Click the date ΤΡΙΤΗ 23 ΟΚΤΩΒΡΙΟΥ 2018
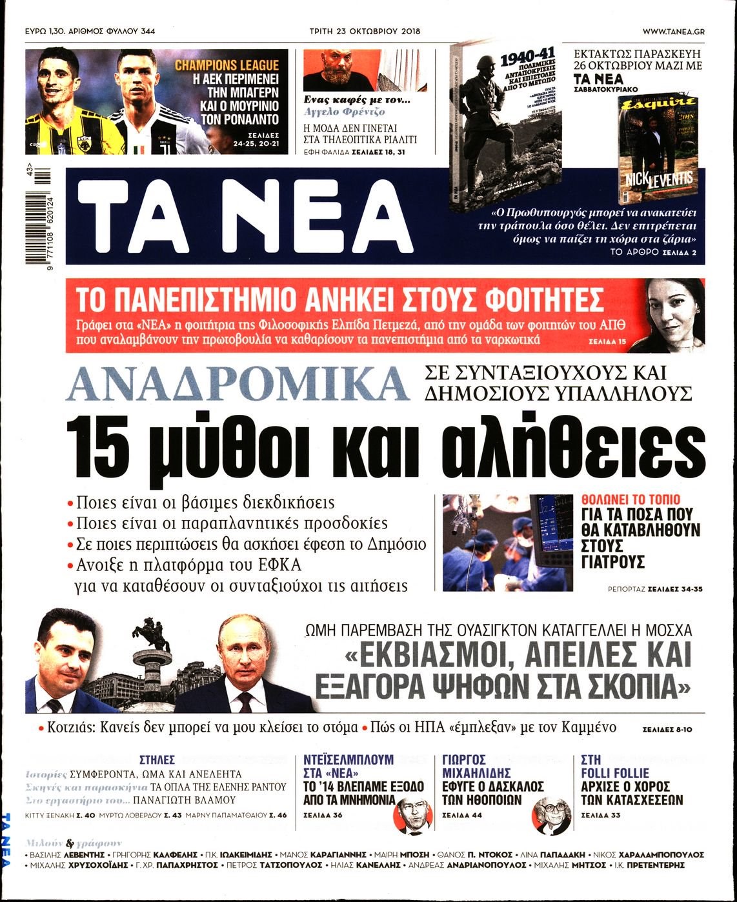coord(365,30)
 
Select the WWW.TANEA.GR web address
coord(673,30)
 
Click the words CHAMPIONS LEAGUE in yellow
coord(227,65)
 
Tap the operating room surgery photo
coord(507,543)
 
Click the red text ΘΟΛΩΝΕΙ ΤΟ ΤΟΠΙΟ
coord(631,499)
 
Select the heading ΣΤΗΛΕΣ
coord(157,759)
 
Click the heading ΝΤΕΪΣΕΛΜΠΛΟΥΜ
coord(348,759)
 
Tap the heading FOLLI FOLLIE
coord(614,773)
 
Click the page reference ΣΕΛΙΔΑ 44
coord(461,815)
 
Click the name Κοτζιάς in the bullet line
coord(72,728)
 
